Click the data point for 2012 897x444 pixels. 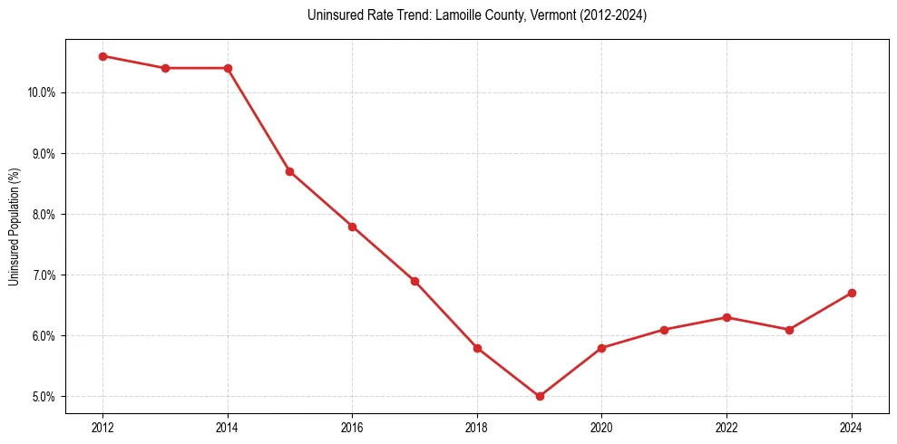click(102, 56)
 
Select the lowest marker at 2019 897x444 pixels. click(540, 396)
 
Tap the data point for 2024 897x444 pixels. click(852, 293)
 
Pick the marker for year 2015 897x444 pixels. click(289, 171)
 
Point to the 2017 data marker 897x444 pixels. click(414, 281)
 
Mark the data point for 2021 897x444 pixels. click(664, 330)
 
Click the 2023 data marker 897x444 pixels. click(789, 330)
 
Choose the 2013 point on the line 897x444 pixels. click(165, 68)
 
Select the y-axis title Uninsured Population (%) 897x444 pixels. click(14, 227)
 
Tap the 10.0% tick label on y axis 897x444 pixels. click(43, 92)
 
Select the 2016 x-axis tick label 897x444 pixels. click(352, 427)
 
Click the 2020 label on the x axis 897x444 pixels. click(601, 427)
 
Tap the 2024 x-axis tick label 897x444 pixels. click(852, 427)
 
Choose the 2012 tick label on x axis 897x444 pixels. click(102, 427)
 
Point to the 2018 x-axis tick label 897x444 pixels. click(477, 427)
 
